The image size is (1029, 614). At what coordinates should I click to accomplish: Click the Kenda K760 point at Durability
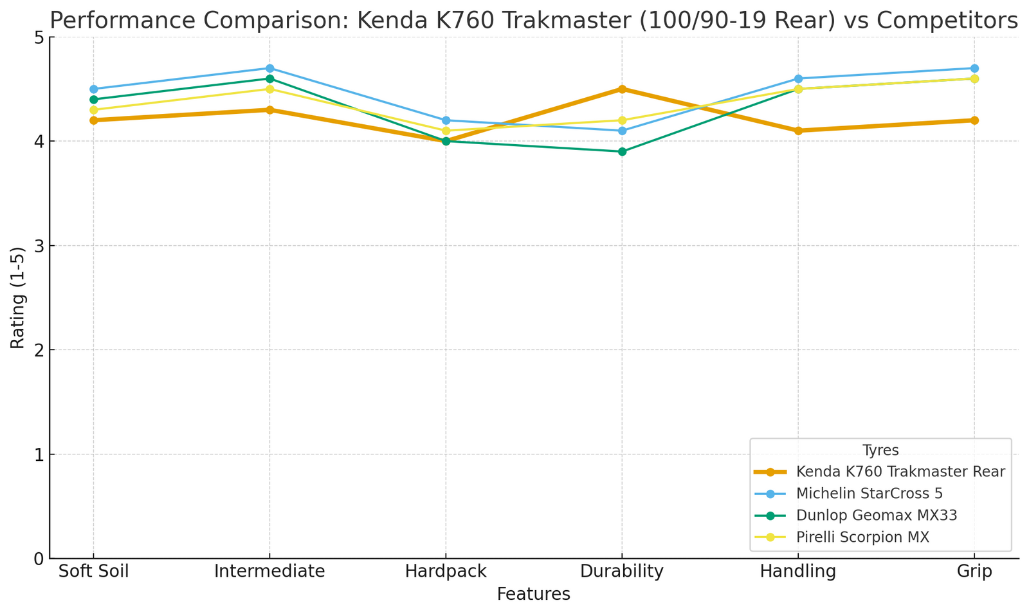click(622, 89)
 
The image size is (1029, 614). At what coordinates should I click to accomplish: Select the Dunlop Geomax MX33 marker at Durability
click(622, 152)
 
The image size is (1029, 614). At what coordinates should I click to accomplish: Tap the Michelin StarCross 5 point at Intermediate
click(269, 68)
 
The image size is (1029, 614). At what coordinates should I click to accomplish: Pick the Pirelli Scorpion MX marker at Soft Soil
click(93, 110)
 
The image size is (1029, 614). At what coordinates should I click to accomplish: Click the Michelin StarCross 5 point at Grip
click(974, 68)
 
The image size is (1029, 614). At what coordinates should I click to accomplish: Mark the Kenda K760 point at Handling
click(798, 131)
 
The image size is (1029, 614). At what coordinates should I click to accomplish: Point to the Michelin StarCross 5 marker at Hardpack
click(446, 120)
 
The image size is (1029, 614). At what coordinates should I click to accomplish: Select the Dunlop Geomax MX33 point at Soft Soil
click(93, 100)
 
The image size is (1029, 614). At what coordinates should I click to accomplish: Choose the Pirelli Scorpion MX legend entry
click(862, 537)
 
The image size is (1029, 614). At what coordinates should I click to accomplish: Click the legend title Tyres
click(880, 451)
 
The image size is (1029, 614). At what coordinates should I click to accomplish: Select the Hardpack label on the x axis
click(446, 572)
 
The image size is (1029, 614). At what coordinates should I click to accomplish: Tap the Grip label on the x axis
click(974, 572)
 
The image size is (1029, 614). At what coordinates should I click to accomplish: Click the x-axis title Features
click(533, 594)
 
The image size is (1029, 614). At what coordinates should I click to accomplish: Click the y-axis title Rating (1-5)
click(17, 297)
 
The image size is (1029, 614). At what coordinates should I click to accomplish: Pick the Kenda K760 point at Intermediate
click(269, 110)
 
